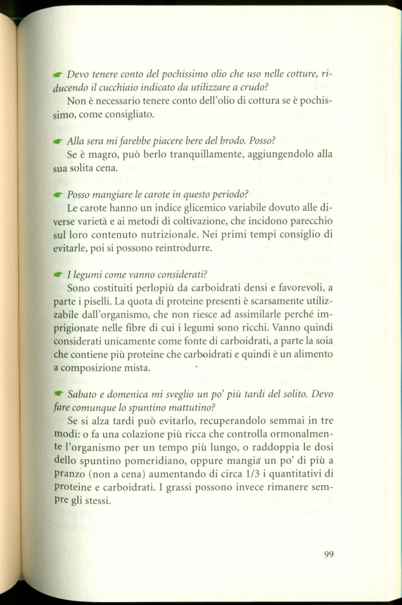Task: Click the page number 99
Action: click(328, 555)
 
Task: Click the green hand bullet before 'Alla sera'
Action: click(59, 142)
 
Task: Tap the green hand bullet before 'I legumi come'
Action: click(59, 275)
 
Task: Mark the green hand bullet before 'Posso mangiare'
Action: click(59, 195)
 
